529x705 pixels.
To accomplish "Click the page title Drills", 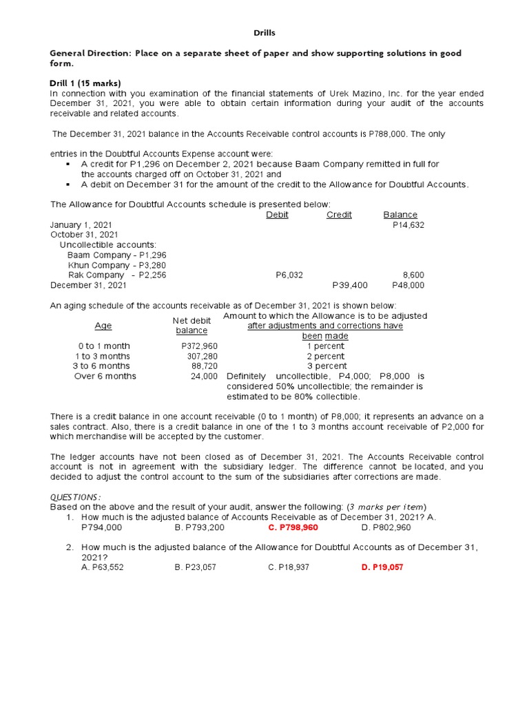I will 264,32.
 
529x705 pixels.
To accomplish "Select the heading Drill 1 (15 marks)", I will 86,83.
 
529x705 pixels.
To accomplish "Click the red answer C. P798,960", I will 293,527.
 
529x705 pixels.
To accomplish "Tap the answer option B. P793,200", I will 200,527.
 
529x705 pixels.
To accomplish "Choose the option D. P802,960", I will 386,527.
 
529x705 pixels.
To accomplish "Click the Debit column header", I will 277,215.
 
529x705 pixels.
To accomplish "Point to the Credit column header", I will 339,215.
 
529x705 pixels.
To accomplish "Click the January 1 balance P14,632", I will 408,225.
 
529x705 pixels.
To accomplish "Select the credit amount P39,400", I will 350,285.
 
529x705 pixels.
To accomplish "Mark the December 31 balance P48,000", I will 408,285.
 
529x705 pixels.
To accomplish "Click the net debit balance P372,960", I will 199,346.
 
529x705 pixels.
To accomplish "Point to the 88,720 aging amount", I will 204,366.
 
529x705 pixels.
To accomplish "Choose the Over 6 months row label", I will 105,376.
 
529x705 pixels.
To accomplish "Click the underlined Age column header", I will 103,326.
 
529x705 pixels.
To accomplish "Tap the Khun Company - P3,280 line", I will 117,265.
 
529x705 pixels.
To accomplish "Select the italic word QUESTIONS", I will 76,497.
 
